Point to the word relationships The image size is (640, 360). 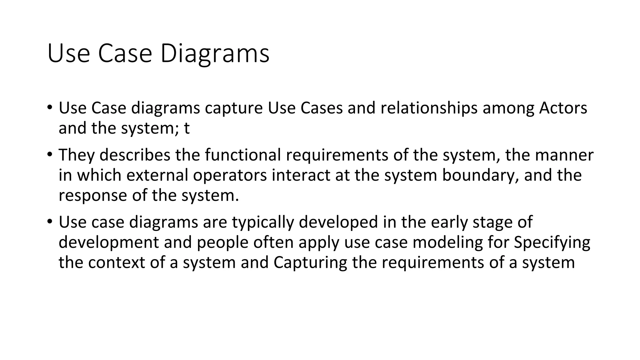(429, 108)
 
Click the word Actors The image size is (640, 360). (563, 108)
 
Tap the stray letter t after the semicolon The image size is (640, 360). (187, 128)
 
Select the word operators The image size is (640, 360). (230, 175)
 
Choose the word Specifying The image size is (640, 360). (552, 242)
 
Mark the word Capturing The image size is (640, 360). (310, 263)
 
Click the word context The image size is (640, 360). (116, 263)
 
